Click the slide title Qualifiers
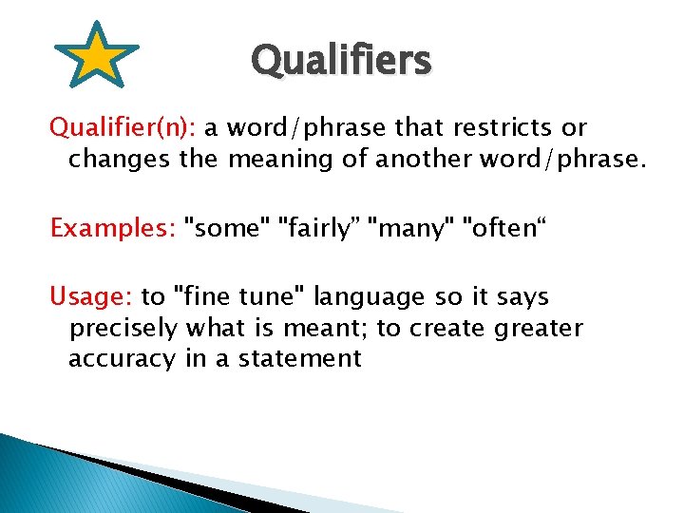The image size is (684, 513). [x=341, y=61]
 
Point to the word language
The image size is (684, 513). [x=370, y=298]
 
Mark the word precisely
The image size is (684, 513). [x=123, y=329]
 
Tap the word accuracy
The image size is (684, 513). [x=122, y=359]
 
